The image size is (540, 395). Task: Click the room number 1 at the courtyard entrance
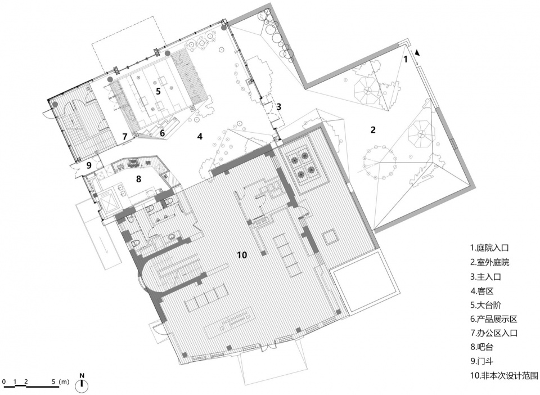click(x=406, y=59)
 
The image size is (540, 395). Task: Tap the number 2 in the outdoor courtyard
click(x=373, y=130)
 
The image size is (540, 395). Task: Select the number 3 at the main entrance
click(x=278, y=106)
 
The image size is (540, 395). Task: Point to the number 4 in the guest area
click(x=200, y=136)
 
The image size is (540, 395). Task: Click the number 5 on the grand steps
click(x=158, y=91)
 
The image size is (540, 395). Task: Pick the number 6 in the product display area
click(x=162, y=132)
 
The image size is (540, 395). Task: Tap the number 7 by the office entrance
click(x=125, y=136)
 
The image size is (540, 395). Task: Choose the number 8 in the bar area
click(x=139, y=179)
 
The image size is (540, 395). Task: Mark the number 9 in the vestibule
click(x=89, y=165)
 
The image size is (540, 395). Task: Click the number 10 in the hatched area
click(x=242, y=255)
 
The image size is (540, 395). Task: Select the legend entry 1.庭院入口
click(x=489, y=248)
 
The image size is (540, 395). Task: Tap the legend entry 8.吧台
click(x=482, y=347)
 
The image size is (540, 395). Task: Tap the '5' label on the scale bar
click(x=55, y=381)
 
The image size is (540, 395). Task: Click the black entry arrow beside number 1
click(x=417, y=53)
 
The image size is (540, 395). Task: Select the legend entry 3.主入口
click(x=485, y=276)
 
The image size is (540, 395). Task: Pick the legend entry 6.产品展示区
click(x=494, y=319)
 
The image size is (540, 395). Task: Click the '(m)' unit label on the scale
click(x=64, y=381)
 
